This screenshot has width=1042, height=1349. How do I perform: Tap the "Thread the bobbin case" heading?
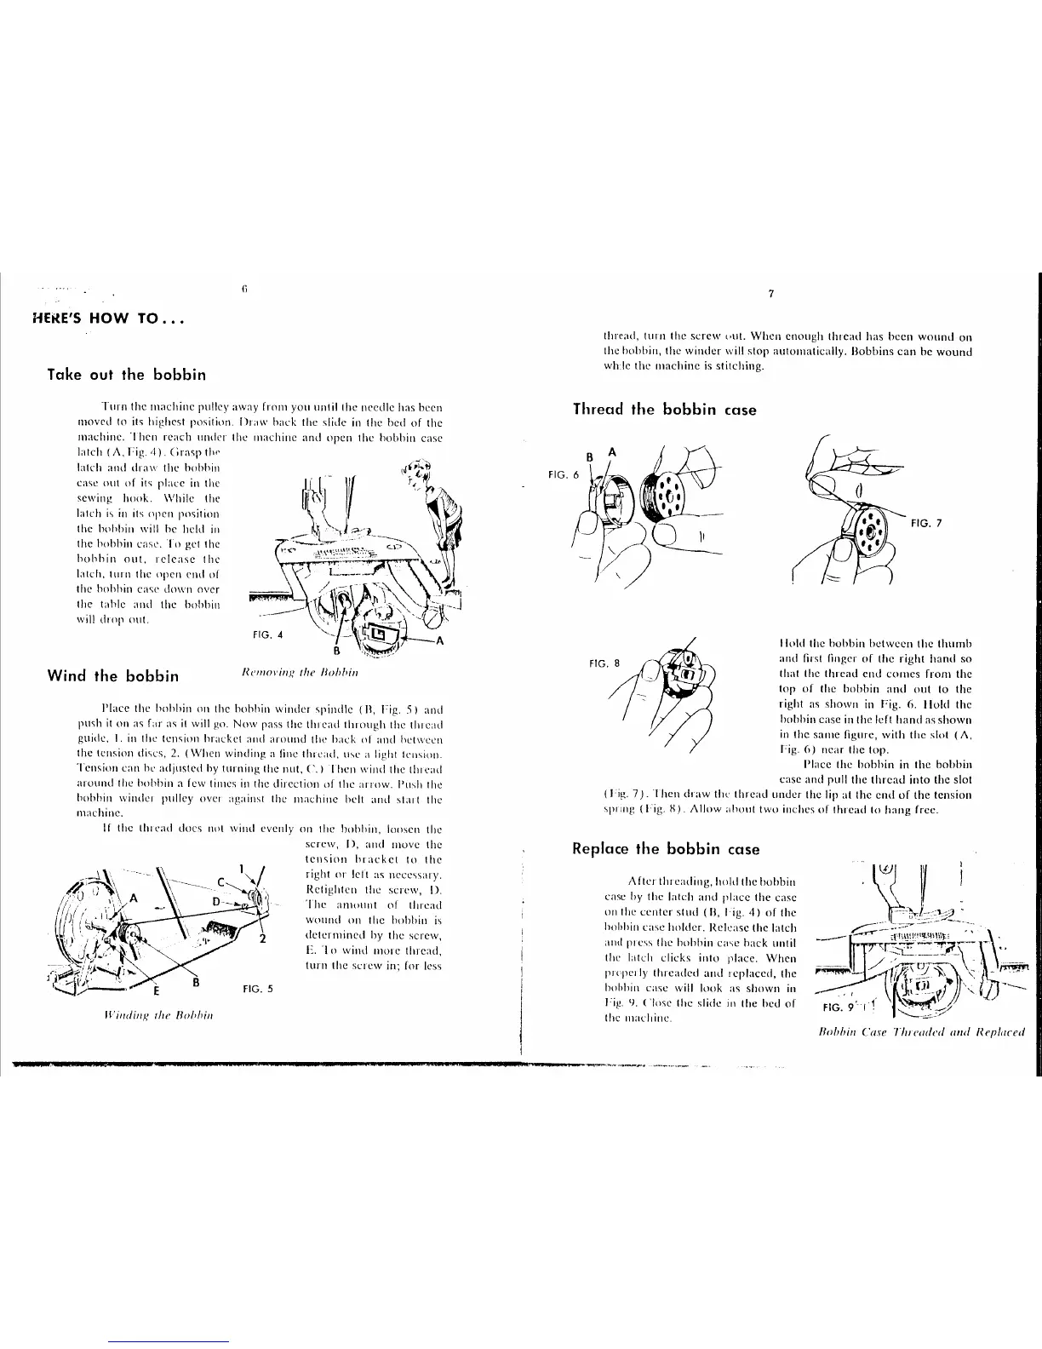pyautogui.click(x=665, y=410)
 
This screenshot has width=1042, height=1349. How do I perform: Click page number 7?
pyautogui.click(x=770, y=295)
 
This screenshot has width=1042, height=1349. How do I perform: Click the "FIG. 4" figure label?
pyautogui.click(x=269, y=634)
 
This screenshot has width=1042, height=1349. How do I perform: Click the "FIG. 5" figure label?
pyautogui.click(x=258, y=990)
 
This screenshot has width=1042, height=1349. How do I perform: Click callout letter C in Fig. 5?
pyautogui.click(x=220, y=882)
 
